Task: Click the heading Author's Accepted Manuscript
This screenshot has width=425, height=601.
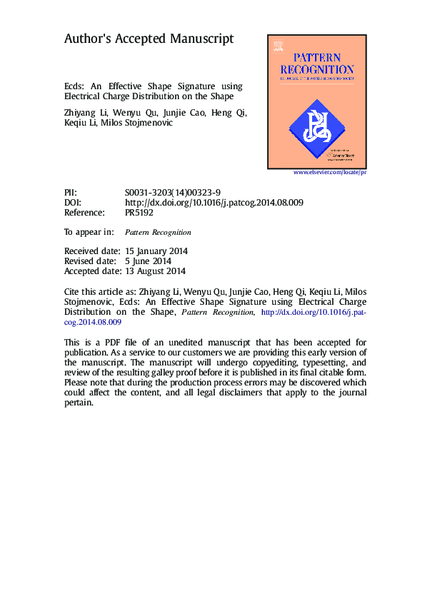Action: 149,39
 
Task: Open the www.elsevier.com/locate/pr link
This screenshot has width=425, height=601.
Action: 330,173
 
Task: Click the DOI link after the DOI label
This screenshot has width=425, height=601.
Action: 214,203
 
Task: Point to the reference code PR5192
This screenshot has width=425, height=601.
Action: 139,213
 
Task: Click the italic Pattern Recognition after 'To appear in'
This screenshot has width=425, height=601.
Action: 158,233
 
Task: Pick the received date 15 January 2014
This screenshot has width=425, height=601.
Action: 156,251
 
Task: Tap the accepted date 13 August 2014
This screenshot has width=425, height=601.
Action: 155,271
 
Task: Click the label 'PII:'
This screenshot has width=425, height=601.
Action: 70,193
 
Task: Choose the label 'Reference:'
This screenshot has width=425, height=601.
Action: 84,213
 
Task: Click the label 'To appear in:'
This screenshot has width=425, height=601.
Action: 89,232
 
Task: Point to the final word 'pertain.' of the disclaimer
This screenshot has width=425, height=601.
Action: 79,403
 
